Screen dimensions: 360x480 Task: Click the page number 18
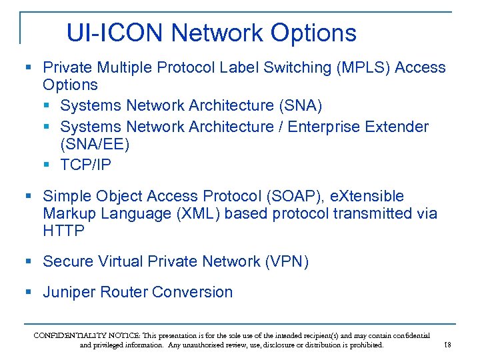click(447, 345)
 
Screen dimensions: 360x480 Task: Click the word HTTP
click(63, 231)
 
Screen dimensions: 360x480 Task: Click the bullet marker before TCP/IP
click(47, 165)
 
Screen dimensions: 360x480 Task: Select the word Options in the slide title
click(313, 33)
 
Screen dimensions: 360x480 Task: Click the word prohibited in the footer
click(364, 345)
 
